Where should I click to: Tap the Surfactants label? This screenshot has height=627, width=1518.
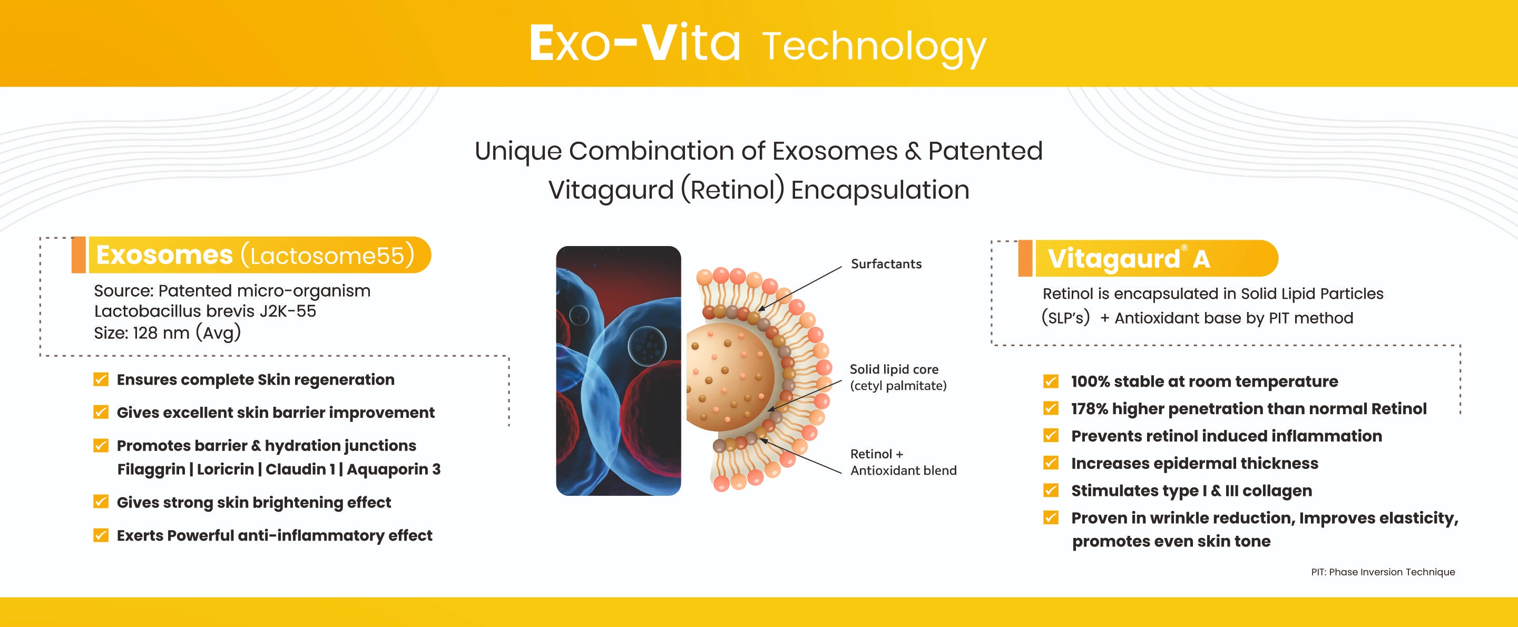click(x=886, y=264)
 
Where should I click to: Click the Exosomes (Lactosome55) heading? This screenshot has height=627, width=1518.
click(x=255, y=255)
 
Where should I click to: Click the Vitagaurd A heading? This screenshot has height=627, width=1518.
click(x=1129, y=259)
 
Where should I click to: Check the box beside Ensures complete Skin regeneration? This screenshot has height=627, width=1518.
click(x=101, y=379)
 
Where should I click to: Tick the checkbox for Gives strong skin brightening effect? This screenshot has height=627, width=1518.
click(x=101, y=502)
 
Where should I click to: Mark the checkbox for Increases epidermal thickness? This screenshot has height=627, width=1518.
click(x=1051, y=463)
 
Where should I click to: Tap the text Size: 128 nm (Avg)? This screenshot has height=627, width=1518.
click(x=168, y=333)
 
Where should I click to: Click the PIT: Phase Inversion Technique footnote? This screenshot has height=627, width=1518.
click(x=1383, y=572)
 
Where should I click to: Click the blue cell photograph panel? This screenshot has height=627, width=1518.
click(x=618, y=370)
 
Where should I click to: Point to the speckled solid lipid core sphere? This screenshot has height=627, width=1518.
click(x=730, y=376)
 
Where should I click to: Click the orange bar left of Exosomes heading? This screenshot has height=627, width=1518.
click(x=79, y=255)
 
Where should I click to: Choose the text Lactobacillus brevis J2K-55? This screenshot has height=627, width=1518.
click(x=205, y=311)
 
